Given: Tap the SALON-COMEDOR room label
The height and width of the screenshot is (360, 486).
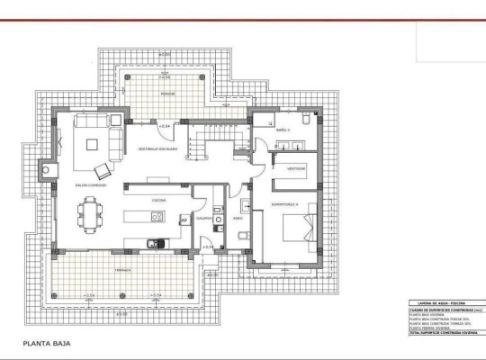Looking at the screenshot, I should pos(91,185).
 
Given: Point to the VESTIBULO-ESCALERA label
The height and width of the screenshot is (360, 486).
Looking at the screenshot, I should pos(157,148).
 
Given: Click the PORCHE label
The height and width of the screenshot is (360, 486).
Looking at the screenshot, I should pos(167,93).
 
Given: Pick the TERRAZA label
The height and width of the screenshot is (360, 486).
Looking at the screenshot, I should pos(122,269).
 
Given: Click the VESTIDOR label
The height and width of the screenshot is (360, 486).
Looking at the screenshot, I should pos(296,168).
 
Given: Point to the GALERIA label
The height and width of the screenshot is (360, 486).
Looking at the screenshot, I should pos(204,217).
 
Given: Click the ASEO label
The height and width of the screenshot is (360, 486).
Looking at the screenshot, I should pos(238,217).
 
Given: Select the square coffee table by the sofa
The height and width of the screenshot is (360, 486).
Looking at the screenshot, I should pos(92,141).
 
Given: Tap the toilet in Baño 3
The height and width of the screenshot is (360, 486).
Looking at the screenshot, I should pos(306,119).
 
